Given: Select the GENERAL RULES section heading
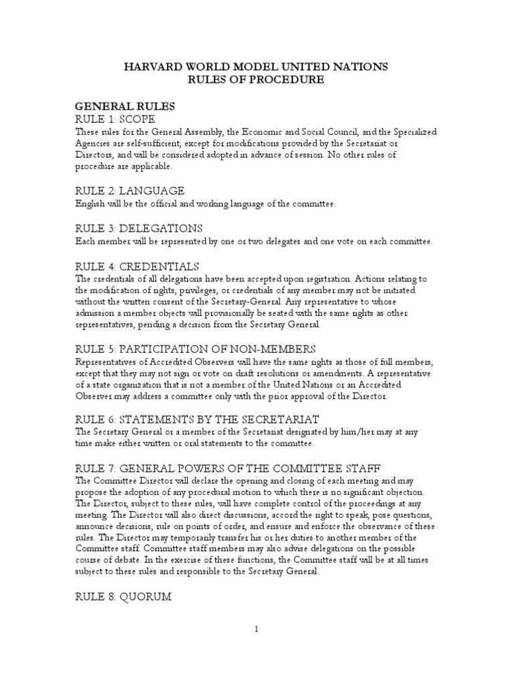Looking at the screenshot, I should coord(125,106).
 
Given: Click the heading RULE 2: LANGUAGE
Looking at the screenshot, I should coord(130,191).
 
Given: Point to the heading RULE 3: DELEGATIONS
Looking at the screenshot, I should coord(138,228).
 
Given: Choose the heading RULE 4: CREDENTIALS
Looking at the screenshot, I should coord(137,266).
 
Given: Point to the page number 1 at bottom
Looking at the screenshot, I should coord(256,629).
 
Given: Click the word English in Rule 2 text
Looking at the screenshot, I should coord(90,203).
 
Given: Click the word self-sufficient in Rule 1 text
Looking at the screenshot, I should coord(146,143).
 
